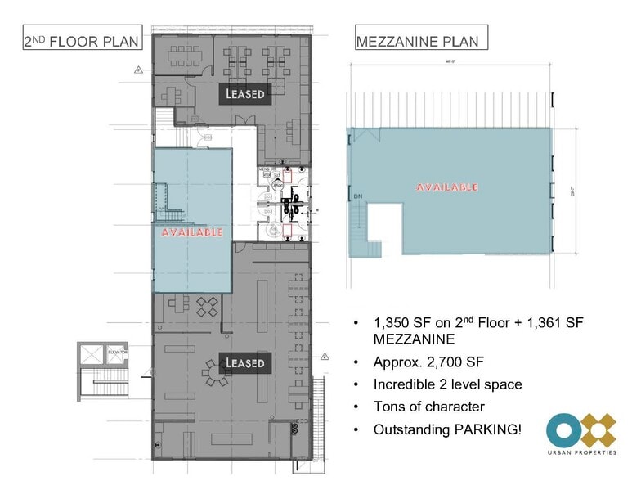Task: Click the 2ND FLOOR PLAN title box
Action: point(81,41)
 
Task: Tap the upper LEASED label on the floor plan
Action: point(245,94)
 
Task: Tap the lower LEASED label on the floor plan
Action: point(245,362)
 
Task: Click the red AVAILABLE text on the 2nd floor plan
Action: point(192,232)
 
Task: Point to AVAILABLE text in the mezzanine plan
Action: point(447,187)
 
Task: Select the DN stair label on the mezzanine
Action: point(357,196)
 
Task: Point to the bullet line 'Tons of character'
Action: point(428,407)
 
